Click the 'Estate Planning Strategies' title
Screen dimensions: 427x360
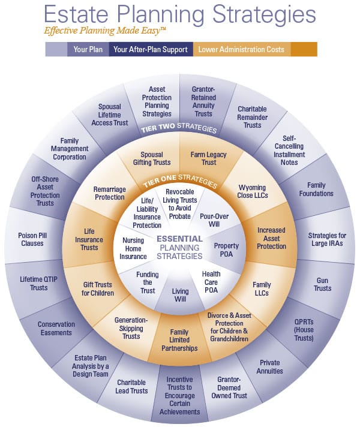[180, 14]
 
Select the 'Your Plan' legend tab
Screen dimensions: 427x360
[87, 50]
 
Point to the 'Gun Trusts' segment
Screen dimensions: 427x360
[322, 284]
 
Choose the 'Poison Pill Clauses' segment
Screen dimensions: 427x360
[32, 239]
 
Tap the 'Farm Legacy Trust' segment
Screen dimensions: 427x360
[209, 159]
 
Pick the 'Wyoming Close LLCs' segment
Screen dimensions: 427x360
[252, 191]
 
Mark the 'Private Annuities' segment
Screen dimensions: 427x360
[271, 366]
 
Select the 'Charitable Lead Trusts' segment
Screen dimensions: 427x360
[132, 387]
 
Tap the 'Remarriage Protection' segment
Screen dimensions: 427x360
[109, 193]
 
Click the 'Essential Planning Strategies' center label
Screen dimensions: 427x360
[180, 247]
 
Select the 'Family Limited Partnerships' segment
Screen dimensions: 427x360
[179, 340]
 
